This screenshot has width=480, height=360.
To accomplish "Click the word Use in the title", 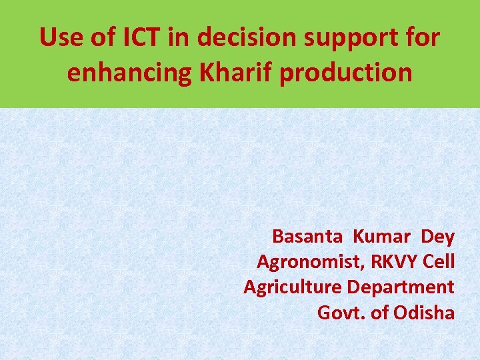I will pos(61,38).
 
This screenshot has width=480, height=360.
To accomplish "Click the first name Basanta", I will pos(307,237).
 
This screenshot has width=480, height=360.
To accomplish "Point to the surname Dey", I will pos(437,237).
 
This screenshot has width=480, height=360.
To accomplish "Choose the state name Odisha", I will pos(425,313).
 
